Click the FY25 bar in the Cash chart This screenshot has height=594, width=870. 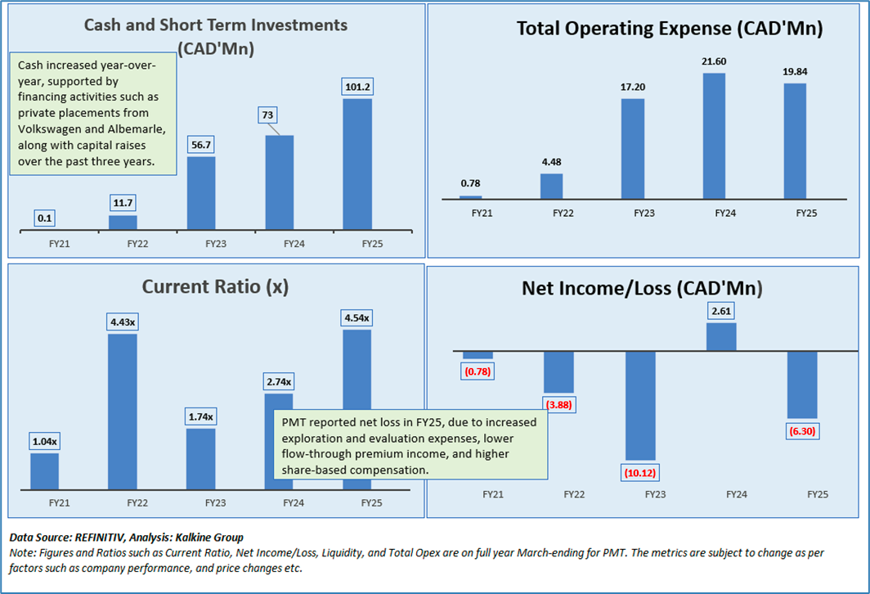click(357, 164)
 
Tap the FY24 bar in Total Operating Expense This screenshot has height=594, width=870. click(714, 136)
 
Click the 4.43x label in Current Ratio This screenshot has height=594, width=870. click(122, 322)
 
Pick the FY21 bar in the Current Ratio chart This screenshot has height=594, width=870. click(44, 471)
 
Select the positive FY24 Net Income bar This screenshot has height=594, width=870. click(721, 336)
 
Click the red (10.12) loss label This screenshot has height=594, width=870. click(642, 473)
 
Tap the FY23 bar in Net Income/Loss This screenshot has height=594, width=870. click(640, 405)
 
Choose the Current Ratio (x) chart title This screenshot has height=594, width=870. click(215, 287)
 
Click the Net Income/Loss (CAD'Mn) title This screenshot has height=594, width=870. click(643, 288)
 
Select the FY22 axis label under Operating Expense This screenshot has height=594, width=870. click(563, 213)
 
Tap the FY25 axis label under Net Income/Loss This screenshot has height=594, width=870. click(818, 494)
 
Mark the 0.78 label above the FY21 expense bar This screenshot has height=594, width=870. click(471, 183)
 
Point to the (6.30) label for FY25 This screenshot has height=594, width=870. click(801, 430)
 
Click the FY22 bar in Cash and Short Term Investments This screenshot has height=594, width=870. click(123, 223)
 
